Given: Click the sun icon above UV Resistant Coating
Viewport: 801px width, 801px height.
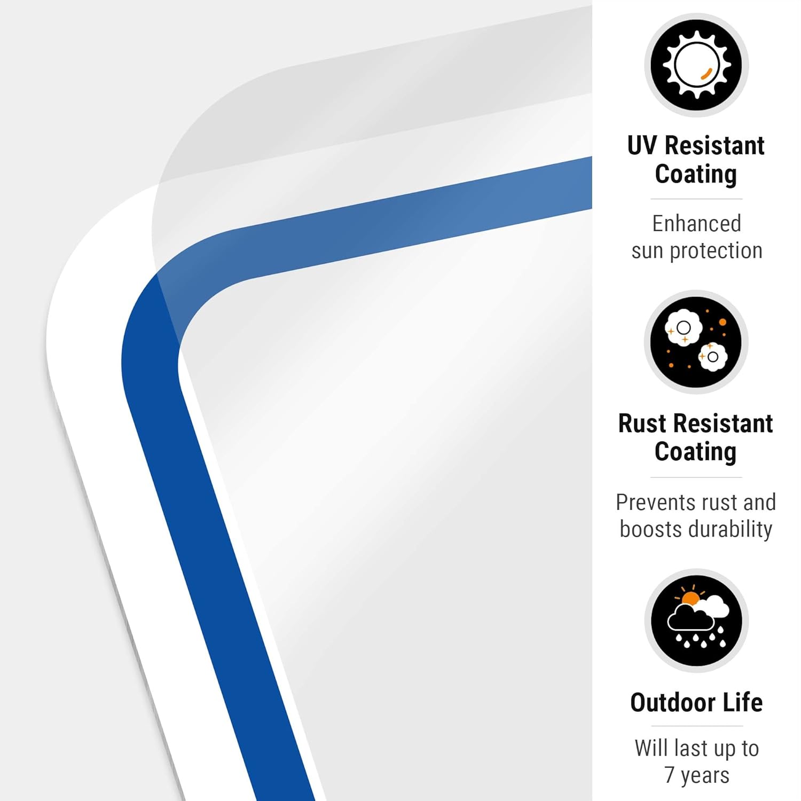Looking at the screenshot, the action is tap(696, 65).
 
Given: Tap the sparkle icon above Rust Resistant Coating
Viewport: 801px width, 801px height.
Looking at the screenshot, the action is tap(696, 342).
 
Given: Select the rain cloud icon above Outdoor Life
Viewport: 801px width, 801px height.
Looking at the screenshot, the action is tap(696, 621).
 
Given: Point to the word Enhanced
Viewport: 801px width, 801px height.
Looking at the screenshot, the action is tap(696, 224).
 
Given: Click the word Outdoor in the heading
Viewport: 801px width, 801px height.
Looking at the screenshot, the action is tap(673, 703).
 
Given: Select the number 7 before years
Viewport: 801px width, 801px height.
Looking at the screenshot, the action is tap(669, 775).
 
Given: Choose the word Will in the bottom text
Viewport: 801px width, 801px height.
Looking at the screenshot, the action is tap(649, 748).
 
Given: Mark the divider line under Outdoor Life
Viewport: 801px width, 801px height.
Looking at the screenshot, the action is tap(696, 726).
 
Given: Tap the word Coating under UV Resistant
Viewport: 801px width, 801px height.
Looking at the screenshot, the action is tap(696, 175).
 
